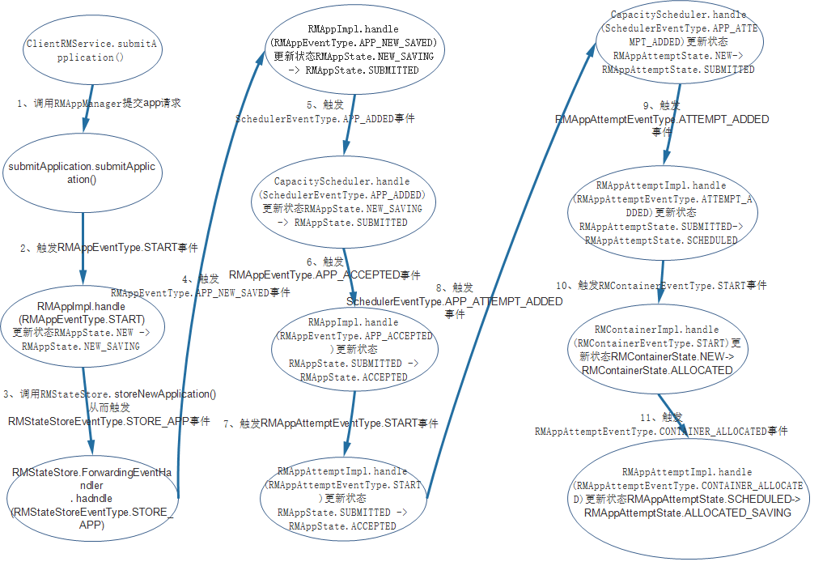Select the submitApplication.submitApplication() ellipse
83,172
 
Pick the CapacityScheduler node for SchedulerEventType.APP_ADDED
341,202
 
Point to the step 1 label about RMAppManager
98,104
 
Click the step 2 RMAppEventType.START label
108,248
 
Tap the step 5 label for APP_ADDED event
325,112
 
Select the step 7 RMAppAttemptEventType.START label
330,423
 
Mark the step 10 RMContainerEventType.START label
661,286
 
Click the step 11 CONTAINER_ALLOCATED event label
660,424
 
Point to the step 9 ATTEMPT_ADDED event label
662,119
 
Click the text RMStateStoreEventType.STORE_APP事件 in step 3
108,421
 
